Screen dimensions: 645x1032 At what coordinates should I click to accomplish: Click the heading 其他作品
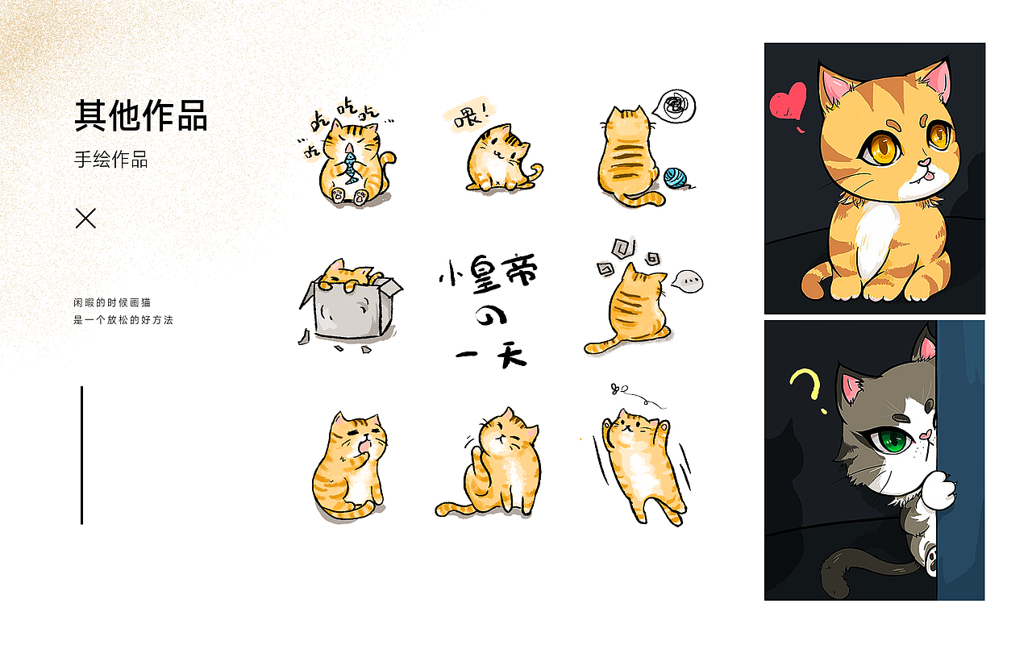click(x=141, y=116)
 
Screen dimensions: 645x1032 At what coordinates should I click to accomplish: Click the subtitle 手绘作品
click(x=111, y=159)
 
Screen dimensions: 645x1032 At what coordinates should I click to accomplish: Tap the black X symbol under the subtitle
click(x=85, y=218)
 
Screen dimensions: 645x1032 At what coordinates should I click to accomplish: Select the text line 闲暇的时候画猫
click(x=112, y=302)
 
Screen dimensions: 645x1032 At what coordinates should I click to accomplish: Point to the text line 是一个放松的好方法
click(x=123, y=320)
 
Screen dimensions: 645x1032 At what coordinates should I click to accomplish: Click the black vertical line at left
click(x=81, y=455)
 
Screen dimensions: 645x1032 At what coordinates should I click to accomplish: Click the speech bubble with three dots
click(x=688, y=281)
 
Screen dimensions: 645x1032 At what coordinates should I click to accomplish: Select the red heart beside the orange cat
click(x=788, y=102)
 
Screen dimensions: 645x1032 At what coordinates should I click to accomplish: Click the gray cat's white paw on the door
click(x=940, y=491)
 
